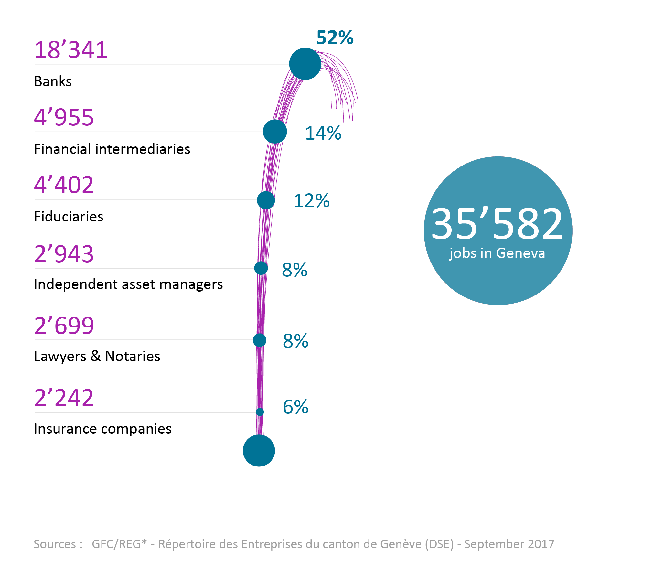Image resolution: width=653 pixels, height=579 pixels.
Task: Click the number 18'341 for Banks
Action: coord(71,50)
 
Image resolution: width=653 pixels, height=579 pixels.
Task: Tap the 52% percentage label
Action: coord(335,38)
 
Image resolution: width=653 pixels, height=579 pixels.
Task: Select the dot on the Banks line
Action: coord(305,64)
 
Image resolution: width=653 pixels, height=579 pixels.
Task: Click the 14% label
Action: coord(323,133)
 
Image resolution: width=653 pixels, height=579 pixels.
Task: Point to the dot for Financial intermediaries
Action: coord(275,132)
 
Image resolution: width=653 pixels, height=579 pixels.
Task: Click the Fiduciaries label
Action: coord(69,217)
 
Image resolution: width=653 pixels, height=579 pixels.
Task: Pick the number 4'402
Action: coord(64,185)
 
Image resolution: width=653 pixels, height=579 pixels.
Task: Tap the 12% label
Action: coord(311,201)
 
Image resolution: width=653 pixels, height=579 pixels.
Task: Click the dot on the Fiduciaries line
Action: coord(266,200)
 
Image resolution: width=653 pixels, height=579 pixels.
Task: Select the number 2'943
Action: coord(64,254)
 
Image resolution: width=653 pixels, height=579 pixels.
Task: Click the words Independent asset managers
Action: coord(128,284)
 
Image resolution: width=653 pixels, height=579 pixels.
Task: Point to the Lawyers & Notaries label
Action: coord(97,356)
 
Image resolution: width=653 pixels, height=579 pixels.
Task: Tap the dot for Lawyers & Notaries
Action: coord(260,340)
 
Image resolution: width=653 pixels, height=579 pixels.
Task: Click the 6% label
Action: coord(295,407)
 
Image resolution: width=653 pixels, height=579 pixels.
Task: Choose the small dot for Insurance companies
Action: coord(260,412)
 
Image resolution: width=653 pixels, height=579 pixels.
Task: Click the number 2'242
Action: coord(64,398)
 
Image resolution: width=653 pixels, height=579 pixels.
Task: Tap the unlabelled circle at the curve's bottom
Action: coord(259,450)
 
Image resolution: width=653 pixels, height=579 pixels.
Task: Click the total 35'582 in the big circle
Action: coord(497,224)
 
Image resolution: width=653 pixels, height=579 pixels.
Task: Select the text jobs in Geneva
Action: coord(497,253)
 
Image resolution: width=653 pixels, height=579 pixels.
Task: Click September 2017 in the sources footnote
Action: coord(509,544)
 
